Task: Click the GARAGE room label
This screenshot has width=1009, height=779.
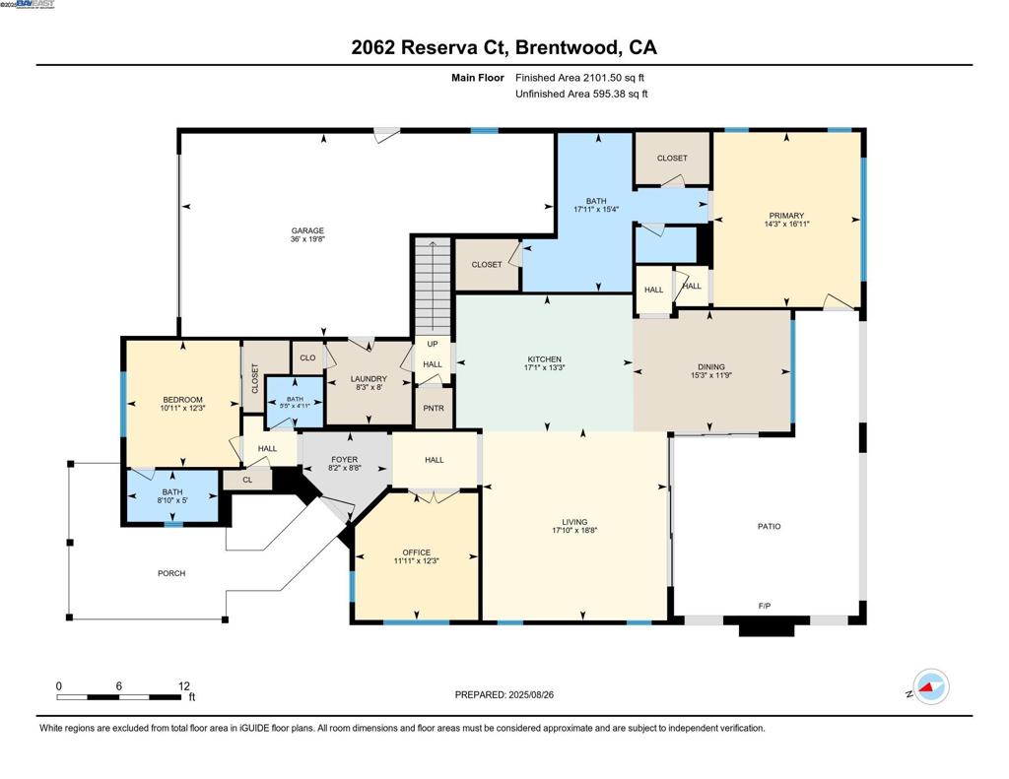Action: pyautogui.click(x=307, y=230)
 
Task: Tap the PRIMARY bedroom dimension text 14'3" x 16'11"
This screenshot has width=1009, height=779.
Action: pyautogui.click(x=786, y=225)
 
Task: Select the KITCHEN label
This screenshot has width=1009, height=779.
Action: pyautogui.click(x=544, y=359)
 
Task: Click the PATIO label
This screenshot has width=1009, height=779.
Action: pyautogui.click(x=769, y=527)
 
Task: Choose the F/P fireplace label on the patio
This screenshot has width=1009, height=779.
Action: pyautogui.click(x=764, y=606)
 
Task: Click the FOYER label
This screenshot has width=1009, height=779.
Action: pyautogui.click(x=344, y=460)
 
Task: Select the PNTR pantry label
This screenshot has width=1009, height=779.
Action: pyautogui.click(x=434, y=407)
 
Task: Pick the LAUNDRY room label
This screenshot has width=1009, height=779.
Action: pyautogui.click(x=369, y=379)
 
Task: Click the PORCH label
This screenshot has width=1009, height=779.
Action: pyautogui.click(x=171, y=573)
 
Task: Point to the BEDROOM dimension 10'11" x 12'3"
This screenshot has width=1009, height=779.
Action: pyautogui.click(x=182, y=408)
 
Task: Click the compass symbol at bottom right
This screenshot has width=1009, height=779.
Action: pyautogui.click(x=930, y=686)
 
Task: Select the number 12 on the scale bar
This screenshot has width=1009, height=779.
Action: pyautogui.click(x=183, y=685)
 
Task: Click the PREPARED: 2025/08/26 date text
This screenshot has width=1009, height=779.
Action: pyautogui.click(x=510, y=694)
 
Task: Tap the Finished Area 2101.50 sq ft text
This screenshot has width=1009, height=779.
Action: pyautogui.click(x=580, y=77)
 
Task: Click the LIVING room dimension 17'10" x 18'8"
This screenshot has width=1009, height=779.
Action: pyautogui.click(x=574, y=530)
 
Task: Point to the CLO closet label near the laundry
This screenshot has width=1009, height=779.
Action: pyautogui.click(x=307, y=358)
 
